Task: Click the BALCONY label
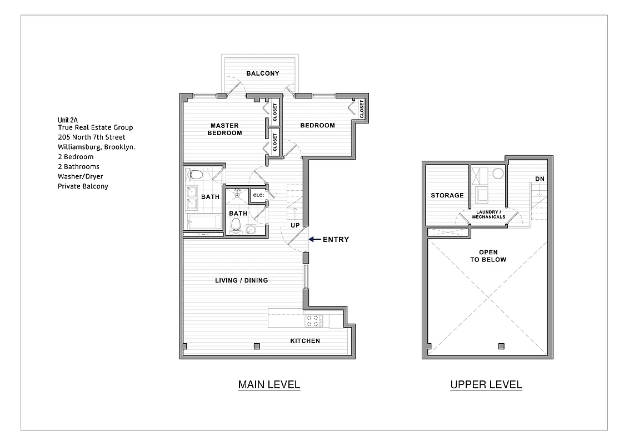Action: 262,73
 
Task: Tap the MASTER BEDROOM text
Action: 224,129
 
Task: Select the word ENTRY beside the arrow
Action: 336,240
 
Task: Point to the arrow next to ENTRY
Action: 314,240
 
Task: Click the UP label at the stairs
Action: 295,225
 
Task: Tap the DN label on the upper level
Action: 540,179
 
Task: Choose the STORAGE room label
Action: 447,195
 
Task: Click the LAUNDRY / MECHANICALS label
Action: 489,214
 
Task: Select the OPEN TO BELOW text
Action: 489,256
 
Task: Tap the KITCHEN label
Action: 305,341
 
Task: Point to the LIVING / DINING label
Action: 241,280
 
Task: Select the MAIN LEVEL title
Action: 269,384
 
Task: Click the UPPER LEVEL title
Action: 486,384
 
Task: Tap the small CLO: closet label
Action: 258,195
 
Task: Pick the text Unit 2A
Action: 68,120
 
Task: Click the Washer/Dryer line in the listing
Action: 80,176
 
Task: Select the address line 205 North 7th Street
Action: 91,137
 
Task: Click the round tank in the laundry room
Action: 498,174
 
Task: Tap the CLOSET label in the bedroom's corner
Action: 362,109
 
